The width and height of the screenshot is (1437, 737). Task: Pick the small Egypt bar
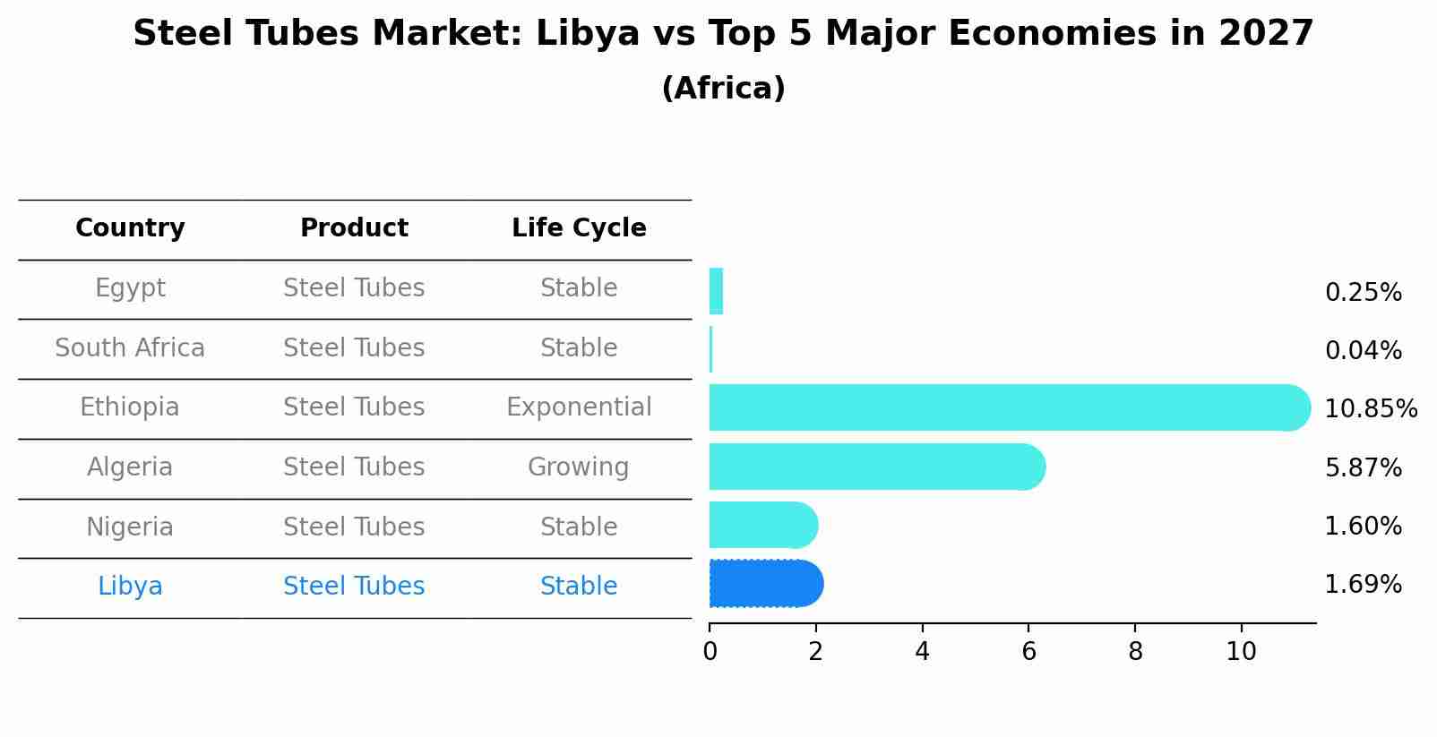(716, 291)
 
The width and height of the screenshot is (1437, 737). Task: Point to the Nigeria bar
(762, 525)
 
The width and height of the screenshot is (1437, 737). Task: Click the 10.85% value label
(1370, 409)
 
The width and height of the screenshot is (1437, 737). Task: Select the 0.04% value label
(1363, 351)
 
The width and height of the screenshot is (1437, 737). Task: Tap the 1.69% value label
(1363, 585)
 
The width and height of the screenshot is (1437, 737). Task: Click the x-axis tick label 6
(1028, 652)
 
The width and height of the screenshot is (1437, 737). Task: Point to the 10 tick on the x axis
(1241, 652)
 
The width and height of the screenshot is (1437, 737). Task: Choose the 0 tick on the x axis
(710, 652)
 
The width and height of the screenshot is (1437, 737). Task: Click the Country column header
(130, 228)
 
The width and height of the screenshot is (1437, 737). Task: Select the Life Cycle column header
(579, 228)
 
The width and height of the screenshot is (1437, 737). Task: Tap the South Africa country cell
(130, 348)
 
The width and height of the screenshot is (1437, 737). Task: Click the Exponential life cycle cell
(579, 407)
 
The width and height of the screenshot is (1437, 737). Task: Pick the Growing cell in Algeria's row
(579, 467)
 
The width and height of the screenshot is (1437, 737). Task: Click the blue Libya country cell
(130, 587)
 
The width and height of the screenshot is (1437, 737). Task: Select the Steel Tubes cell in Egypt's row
(354, 288)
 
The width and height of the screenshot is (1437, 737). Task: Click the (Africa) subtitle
(723, 89)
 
